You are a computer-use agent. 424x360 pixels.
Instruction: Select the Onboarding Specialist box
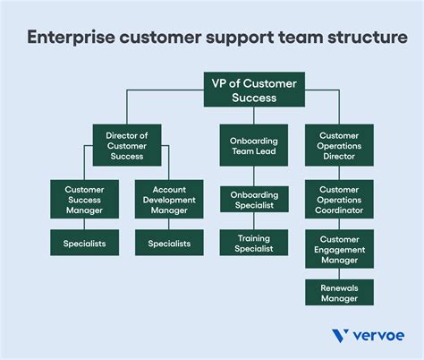pyautogui.click(x=254, y=198)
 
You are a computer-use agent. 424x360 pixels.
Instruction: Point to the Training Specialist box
pyautogui.click(x=254, y=244)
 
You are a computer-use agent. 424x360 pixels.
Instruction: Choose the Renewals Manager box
pyautogui.click(x=340, y=292)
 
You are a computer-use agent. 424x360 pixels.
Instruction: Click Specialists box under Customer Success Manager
pyautogui.click(x=84, y=243)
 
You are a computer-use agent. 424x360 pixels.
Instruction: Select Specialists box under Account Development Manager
pyautogui.click(x=169, y=243)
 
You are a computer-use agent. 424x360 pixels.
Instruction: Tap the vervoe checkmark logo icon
pyautogui.click(x=340, y=337)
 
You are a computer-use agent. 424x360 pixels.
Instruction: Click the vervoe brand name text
pyautogui.click(x=379, y=337)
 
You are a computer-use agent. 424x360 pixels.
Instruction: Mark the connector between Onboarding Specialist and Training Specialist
pyautogui.click(x=254, y=220)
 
